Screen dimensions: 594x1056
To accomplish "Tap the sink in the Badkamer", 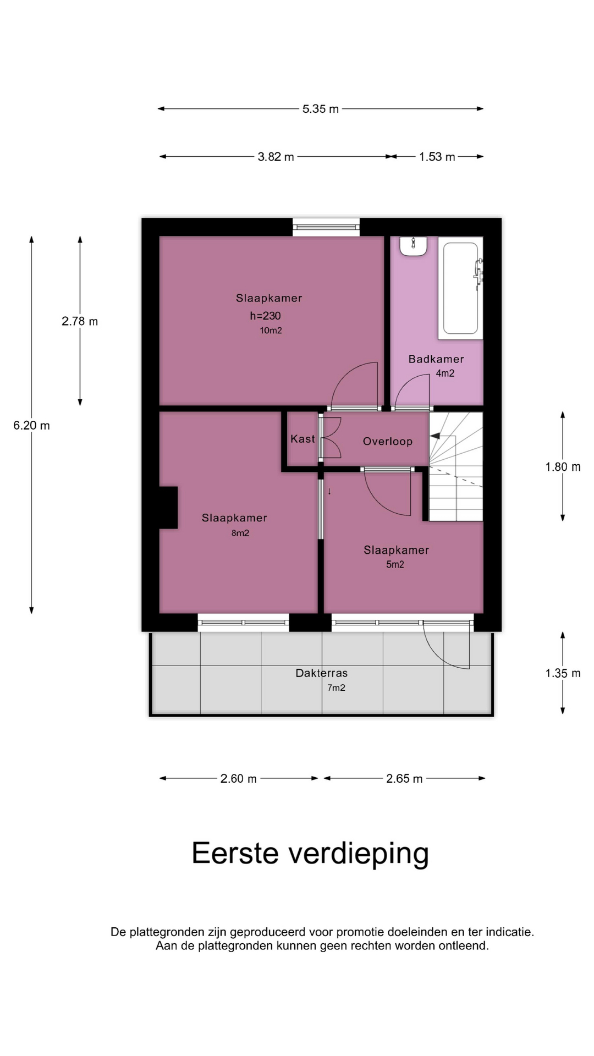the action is (x=414, y=246).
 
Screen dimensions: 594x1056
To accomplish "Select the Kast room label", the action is (x=302, y=439).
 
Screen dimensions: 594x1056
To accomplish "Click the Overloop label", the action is (x=388, y=441).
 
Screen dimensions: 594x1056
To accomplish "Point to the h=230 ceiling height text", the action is (x=265, y=316).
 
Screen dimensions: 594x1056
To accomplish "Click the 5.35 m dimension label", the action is (x=321, y=109).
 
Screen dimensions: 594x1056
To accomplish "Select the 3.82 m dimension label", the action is (x=276, y=157).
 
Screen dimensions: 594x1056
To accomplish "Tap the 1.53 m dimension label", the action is (x=437, y=157).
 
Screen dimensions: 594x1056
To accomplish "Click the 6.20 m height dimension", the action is (x=32, y=425).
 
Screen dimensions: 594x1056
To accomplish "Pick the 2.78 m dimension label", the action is (x=80, y=321).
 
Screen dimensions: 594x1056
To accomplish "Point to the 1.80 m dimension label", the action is (x=563, y=467).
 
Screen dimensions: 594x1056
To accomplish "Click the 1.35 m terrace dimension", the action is (x=563, y=673).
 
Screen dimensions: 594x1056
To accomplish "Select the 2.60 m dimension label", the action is (x=239, y=779).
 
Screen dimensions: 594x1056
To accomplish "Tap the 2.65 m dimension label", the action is (x=404, y=779).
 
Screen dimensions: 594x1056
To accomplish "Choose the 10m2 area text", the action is (x=271, y=331).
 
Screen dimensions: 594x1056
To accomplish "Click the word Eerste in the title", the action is (x=235, y=854).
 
